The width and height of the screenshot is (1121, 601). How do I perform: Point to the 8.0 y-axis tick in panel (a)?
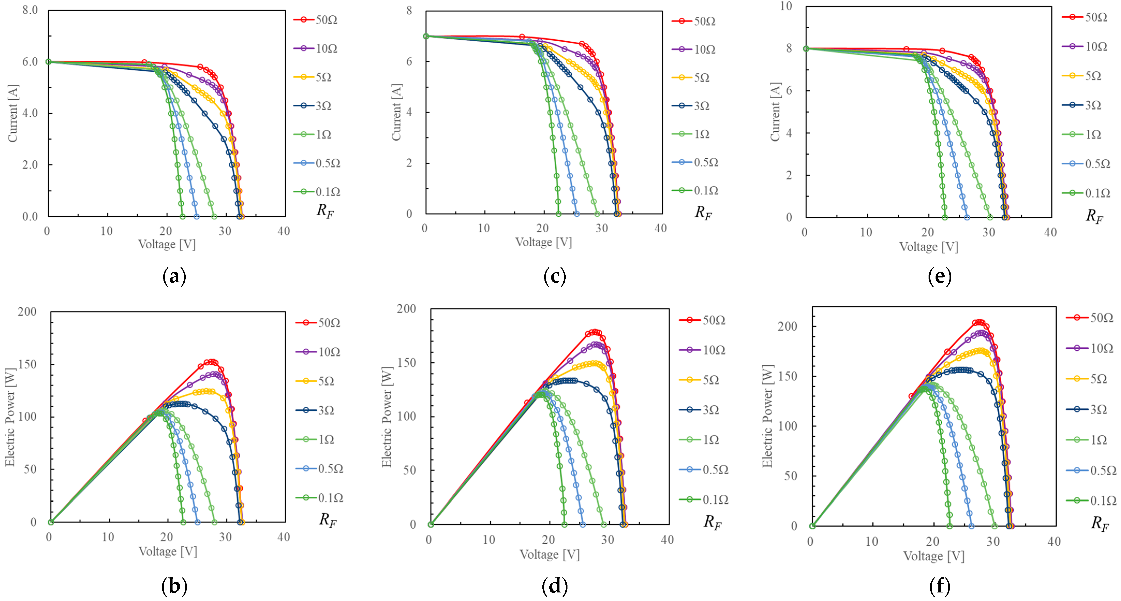(x=30, y=10)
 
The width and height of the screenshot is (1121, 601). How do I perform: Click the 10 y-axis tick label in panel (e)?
(x=786, y=6)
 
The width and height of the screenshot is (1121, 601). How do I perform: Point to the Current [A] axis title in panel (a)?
(x=13, y=113)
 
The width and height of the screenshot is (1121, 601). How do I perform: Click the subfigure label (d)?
(x=555, y=586)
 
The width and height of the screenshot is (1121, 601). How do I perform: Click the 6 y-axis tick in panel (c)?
(x=409, y=61)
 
